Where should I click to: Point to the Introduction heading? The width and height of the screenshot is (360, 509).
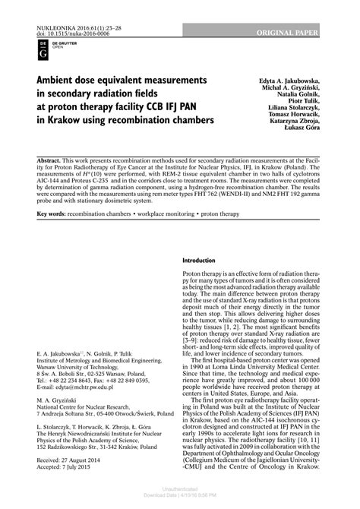[x=200, y=261]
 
